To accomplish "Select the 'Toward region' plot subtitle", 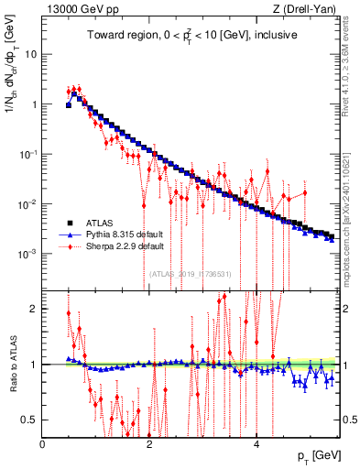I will click(190, 38).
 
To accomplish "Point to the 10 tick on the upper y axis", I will click(31, 54).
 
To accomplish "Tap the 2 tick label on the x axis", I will click(149, 444).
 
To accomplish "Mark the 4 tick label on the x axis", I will click(256, 444).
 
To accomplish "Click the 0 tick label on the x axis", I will click(43, 444).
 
